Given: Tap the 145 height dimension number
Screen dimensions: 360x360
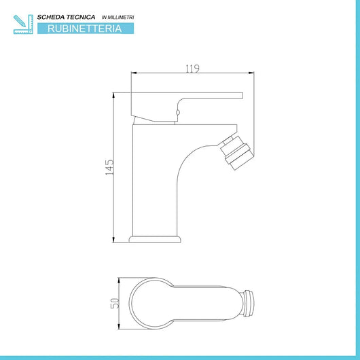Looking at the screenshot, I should pos(109,167).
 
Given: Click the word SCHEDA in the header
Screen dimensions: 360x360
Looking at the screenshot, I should pos(56,16).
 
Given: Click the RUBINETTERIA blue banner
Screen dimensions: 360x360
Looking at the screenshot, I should pos(86,29).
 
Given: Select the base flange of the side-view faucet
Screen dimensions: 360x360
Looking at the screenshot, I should pos(156,240).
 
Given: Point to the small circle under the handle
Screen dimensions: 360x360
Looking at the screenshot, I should pos(179,112).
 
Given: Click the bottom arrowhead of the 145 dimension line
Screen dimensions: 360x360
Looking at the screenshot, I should pos(113,240).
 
